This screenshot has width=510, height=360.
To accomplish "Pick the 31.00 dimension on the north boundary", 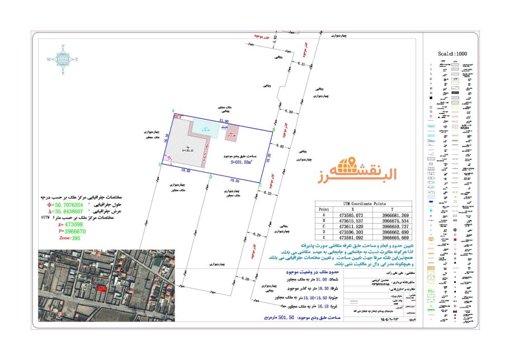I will click(x=224, y=121).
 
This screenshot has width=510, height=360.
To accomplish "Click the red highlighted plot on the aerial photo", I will click(x=101, y=288).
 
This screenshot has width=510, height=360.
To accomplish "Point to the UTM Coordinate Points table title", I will click(x=363, y=204).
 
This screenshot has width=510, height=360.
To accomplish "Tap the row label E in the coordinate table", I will click(x=320, y=238).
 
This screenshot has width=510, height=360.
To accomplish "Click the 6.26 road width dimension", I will click(x=244, y=278).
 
